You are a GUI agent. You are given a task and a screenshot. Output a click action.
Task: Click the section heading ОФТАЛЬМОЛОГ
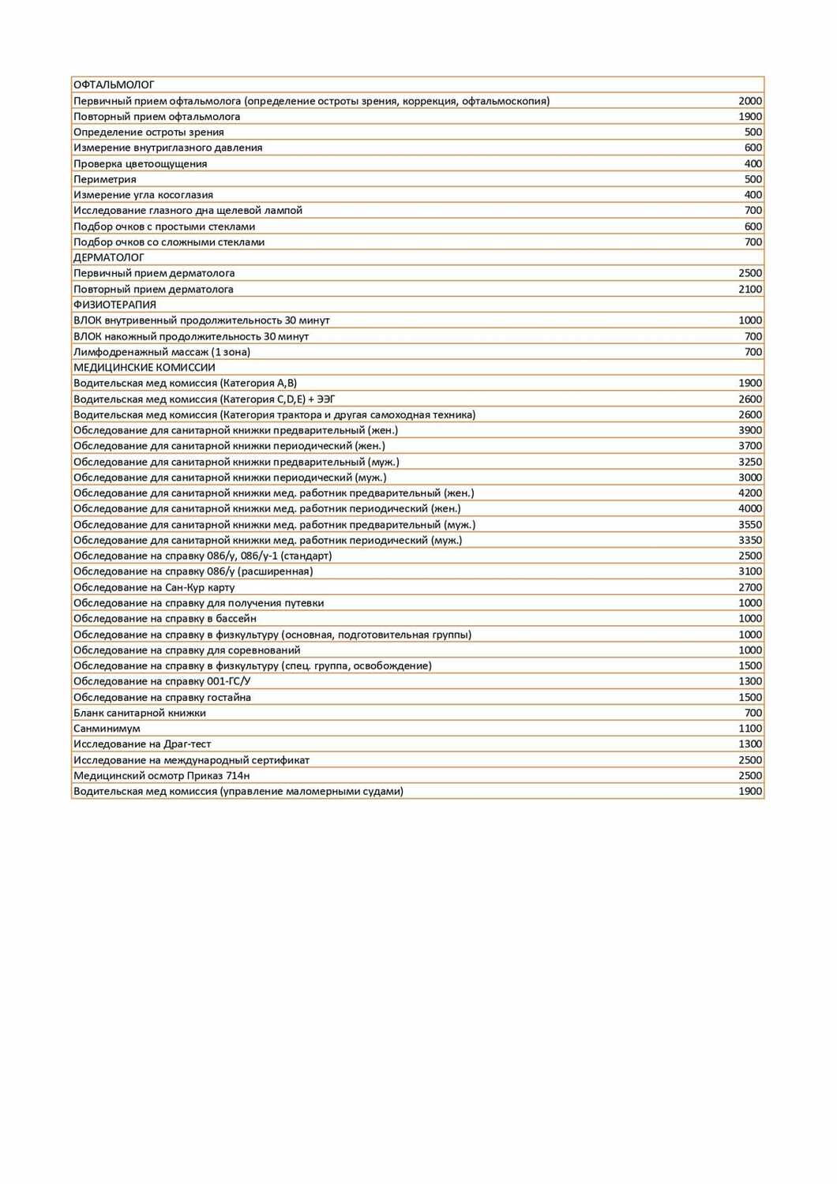(x=114, y=84)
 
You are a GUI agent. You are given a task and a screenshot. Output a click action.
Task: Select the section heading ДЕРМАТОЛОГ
(x=109, y=257)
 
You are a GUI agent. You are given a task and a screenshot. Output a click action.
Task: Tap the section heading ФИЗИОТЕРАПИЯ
(x=114, y=305)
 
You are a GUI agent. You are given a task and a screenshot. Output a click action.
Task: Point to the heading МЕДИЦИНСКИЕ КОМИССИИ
(x=145, y=367)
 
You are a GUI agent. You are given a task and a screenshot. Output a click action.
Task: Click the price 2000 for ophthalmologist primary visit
(x=750, y=100)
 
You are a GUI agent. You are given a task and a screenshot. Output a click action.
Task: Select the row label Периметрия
(x=105, y=179)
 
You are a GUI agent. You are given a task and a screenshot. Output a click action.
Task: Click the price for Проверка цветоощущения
(x=753, y=163)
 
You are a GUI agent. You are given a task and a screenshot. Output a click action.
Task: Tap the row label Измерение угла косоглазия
(x=143, y=195)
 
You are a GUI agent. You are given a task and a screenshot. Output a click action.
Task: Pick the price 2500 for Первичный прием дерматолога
(x=750, y=273)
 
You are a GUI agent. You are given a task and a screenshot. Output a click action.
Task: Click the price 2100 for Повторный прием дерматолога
(x=750, y=289)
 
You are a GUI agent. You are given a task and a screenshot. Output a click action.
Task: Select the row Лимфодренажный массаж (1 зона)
(x=162, y=352)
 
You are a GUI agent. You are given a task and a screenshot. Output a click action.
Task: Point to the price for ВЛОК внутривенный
(x=750, y=320)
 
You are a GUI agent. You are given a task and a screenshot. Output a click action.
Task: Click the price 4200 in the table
(x=750, y=493)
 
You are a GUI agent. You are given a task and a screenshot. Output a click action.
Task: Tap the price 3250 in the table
(x=750, y=462)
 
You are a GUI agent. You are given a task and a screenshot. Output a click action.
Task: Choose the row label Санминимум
(x=107, y=729)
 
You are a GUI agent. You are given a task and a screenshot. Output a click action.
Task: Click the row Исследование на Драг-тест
(x=142, y=744)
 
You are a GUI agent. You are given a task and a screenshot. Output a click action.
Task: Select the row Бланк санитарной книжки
(x=140, y=713)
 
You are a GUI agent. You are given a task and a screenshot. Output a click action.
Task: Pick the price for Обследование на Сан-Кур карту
(x=750, y=587)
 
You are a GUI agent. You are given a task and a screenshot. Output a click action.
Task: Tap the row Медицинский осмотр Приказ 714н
(x=162, y=775)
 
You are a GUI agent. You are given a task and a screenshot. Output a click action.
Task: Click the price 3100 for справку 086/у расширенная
(x=750, y=571)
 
